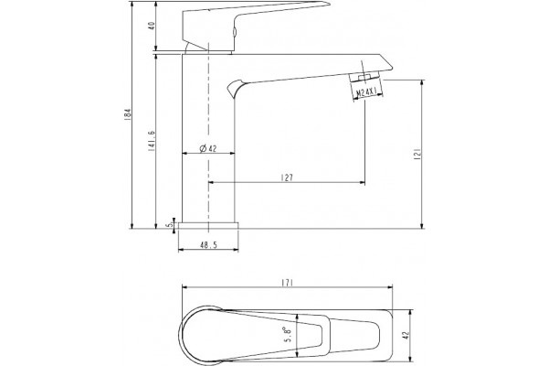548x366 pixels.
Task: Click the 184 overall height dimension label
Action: click(x=128, y=114)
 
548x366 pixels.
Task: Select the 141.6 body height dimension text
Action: click(x=152, y=140)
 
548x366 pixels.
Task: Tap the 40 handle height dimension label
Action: click(x=152, y=26)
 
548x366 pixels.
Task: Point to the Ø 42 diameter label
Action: click(x=208, y=148)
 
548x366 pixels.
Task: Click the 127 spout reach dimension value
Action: click(x=287, y=178)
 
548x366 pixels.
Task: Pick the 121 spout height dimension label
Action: click(x=417, y=154)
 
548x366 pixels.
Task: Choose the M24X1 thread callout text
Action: click(x=366, y=92)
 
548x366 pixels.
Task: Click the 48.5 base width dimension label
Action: click(x=208, y=245)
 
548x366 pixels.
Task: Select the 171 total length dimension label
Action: click(x=287, y=283)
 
